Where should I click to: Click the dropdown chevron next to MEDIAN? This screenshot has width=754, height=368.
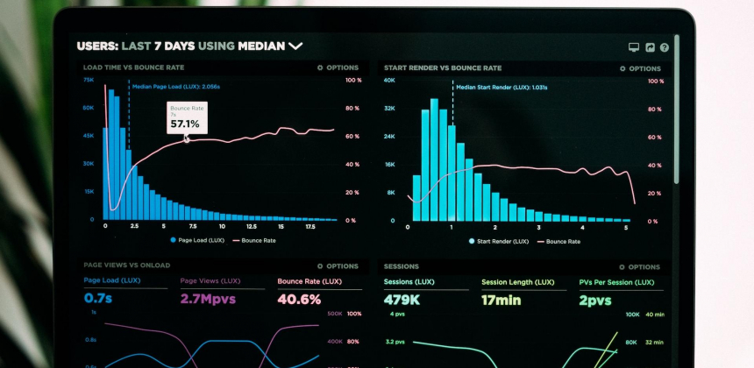pos(295,46)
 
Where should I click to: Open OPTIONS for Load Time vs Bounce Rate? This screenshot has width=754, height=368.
pos(338,67)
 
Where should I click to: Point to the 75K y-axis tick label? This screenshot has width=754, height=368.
pos(89,80)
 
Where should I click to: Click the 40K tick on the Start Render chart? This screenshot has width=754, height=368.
pos(389,80)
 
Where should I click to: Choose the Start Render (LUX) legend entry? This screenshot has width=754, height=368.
pos(499,240)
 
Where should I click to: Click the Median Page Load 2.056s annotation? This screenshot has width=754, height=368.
pos(175,87)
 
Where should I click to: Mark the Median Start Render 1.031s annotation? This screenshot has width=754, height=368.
pos(502,87)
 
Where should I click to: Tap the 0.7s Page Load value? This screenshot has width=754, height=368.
pos(98,299)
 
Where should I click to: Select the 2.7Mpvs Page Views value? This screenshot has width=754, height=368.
pos(209,299)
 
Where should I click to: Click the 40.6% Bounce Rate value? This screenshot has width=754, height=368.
pos(299,299)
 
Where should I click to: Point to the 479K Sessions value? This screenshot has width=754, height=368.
pos(402,300)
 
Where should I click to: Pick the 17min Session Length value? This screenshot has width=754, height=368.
pos(501,300)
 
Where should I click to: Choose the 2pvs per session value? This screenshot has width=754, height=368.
pos(594,300)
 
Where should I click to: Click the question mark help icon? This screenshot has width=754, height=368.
pos(664,47)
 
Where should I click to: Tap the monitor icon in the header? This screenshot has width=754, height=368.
pos(634,47)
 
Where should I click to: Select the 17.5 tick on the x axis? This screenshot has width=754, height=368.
pos(310,226)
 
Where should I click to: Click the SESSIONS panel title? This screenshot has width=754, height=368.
pos(402,266)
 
